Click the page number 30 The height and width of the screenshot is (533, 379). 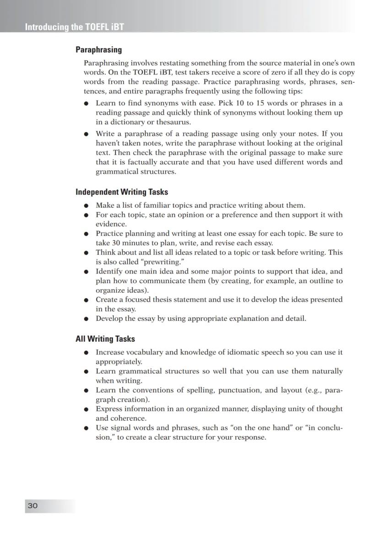click(33, 506)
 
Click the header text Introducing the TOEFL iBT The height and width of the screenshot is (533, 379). click(74, 27)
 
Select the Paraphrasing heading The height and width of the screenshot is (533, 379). click(98, 49)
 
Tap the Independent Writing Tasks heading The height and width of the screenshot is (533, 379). click(122, 192)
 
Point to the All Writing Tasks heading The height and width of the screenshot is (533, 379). click(105, 339)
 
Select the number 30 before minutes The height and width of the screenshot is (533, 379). click(116, 243)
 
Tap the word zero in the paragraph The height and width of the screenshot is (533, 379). click(277, 72)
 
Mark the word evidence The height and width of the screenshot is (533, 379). click(111, 224)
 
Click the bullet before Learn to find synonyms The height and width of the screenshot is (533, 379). click(86, 104)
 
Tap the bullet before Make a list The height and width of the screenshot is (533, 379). click(86, 205)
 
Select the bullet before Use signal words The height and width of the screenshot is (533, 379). click(86, 428)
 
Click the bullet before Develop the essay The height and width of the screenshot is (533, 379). click(86, 319)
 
